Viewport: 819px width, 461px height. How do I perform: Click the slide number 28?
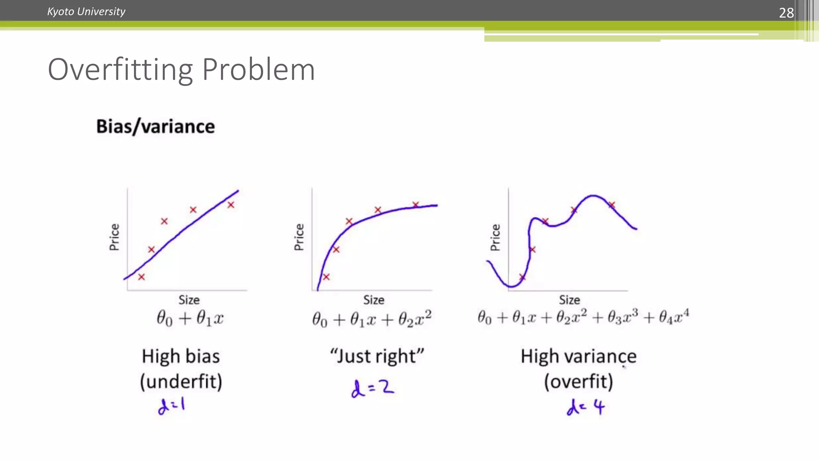click(786, 13)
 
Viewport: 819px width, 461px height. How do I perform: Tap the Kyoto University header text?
click(86, 12)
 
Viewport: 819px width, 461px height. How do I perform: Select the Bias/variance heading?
click(155, 126)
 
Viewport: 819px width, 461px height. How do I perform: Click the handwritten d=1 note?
click(171, 406)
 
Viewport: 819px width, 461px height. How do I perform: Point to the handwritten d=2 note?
click(372, 388)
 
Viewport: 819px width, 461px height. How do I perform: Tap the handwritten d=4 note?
click(585, 407)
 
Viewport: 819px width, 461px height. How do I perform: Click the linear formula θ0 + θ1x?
click(190, 319)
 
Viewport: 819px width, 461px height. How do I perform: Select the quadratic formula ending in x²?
click(372, 319)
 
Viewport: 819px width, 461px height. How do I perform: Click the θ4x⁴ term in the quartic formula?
click(674, 317)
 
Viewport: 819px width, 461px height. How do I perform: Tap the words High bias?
click(181, 356)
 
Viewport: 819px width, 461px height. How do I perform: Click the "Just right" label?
click(376, 356)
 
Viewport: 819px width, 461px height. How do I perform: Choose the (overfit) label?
click(578, 381)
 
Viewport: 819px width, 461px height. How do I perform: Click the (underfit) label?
click(181, 381)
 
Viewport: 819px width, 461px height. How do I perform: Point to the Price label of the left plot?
click(114, 237)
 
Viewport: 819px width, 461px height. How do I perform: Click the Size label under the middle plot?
click(374, 300)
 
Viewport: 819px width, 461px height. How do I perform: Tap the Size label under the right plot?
click(569, 300)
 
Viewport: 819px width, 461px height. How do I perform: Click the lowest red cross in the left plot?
click(141, 277)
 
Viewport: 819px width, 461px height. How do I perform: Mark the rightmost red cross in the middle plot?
click(415, 205)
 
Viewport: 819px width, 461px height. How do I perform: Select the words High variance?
click(578, 356)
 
